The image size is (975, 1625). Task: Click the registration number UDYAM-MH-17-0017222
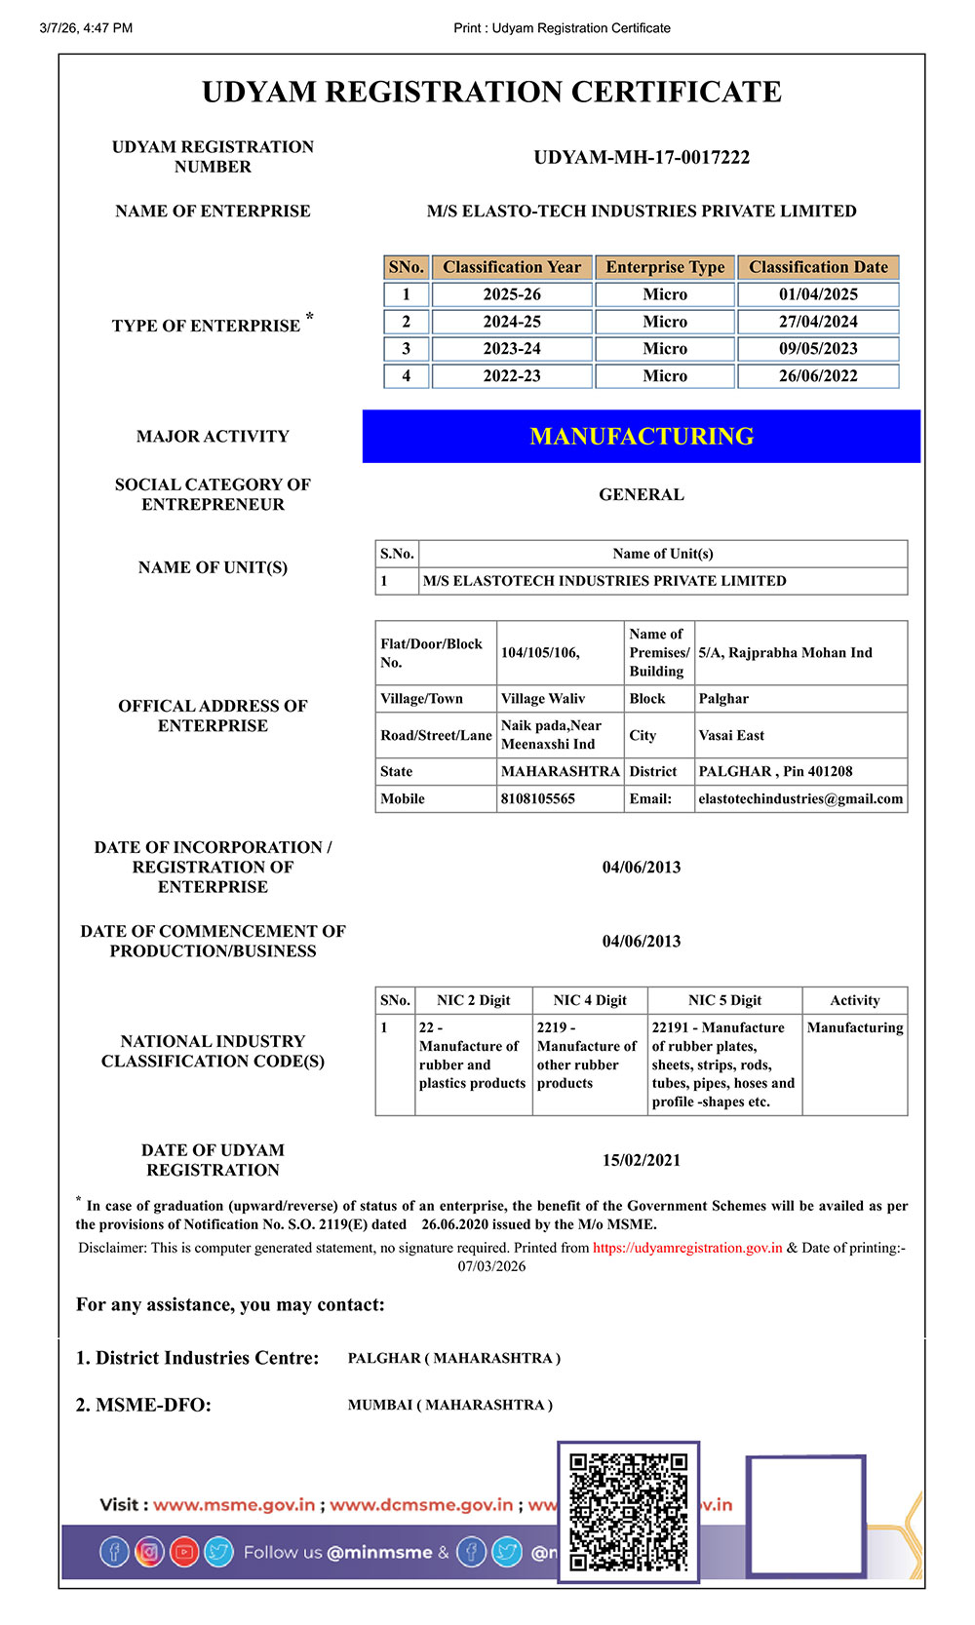click(642, 157)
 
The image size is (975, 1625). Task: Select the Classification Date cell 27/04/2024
click(818, 322)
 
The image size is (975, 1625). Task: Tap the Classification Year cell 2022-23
click(512, 376)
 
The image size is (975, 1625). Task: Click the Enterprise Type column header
click(665, 267)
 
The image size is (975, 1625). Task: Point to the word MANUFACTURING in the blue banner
click(642, 437)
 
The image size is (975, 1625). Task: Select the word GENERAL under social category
click(642, 494)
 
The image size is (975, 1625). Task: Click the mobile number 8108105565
click(538, 798)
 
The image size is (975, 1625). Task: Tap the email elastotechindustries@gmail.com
click(800, 798)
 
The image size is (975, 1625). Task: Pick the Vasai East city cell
click(731, 735)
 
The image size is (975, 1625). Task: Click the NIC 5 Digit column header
click(724, 1000)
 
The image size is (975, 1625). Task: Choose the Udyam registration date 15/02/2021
click(642, 1160)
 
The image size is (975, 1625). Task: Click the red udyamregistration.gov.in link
click(687, 1248)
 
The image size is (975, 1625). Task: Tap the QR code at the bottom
click(629, 1512)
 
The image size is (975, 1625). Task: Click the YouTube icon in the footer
click(184, 1551)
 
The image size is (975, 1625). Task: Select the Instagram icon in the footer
click(149, 1551)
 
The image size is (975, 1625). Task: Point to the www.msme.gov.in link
click(234, 1504)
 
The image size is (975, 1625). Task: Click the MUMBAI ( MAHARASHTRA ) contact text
click(450, 1405)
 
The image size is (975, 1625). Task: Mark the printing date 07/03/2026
click(491, 1266)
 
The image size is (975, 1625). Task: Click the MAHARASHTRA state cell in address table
click(560, 771)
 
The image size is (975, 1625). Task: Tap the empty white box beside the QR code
click(805, 1516)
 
